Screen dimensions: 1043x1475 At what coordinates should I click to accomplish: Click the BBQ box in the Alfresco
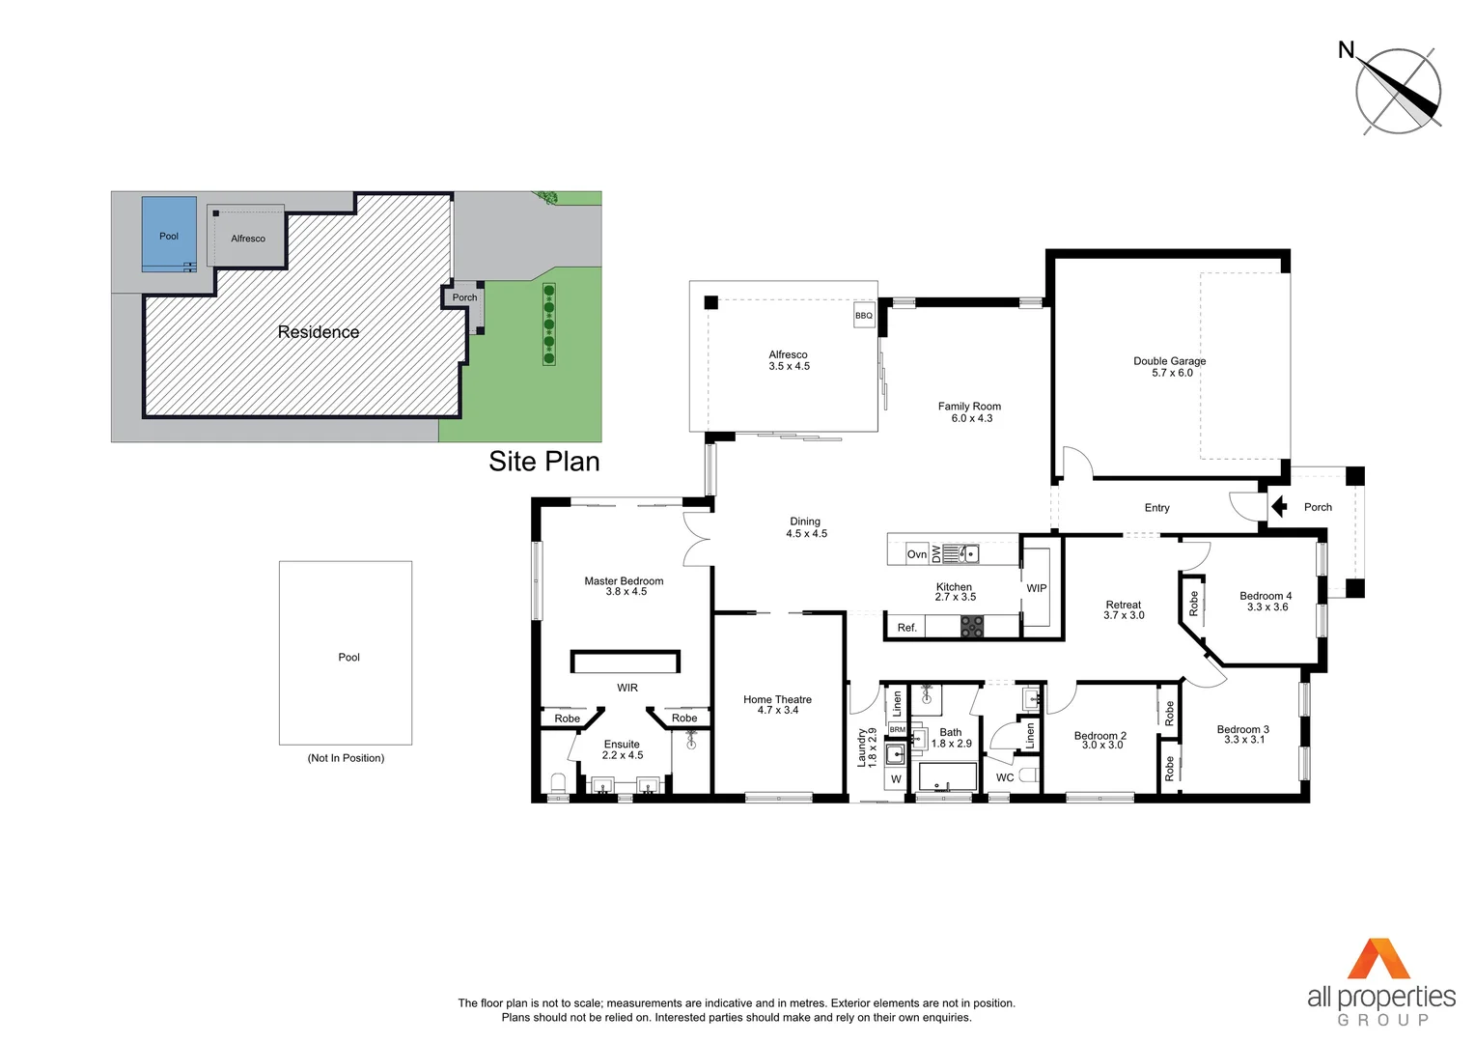864,316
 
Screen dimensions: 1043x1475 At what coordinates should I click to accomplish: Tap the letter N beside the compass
1346,50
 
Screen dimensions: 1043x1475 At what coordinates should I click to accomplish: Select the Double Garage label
1170,367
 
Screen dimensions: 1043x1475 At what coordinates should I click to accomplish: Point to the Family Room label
970,412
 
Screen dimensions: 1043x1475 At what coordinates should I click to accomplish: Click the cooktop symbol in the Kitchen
971,627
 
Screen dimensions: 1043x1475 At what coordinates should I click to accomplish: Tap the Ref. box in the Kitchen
906,628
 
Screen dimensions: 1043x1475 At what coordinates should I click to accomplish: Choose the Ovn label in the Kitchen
917,554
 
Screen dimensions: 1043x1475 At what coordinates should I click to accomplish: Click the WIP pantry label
1037,588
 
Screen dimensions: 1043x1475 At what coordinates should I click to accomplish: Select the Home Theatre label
778,705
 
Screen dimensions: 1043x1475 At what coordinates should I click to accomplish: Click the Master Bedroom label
625,586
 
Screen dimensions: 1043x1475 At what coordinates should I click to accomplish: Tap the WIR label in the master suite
627,688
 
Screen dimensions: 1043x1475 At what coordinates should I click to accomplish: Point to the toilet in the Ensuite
557,783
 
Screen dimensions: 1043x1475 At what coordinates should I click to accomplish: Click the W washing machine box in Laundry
896,778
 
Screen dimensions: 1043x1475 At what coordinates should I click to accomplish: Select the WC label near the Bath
1005,777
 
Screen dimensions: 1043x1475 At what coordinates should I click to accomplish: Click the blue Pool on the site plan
169,235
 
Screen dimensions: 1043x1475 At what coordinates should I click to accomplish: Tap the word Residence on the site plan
319,332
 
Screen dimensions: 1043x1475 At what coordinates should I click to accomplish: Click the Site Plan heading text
543,462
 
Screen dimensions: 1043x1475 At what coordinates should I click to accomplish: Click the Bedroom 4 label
1266,602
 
